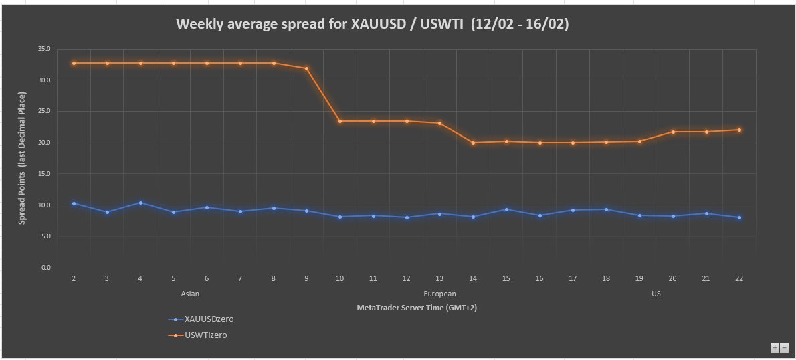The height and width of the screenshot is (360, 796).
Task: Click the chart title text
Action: [373, 24]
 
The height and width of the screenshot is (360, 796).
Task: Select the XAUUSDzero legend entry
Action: [209, 319]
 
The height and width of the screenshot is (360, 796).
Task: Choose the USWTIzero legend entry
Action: [205, 335]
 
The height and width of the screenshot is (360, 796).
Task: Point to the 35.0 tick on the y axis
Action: [44, 49]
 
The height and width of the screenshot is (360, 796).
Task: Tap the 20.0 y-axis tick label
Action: [44, 143]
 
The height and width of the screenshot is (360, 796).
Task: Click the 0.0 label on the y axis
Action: [46, 268]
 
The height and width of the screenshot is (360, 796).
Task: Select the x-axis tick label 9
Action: [306, 278]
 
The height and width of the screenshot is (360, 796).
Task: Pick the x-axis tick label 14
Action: [473, 278]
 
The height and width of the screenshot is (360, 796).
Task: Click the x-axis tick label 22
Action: [738, 278]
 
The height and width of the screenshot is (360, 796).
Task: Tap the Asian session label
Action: [190, 294]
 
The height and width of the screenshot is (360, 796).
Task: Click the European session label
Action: [439, 294]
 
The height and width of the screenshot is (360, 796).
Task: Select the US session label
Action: [656, 294]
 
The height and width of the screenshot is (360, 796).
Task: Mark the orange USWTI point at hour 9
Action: [306, 68]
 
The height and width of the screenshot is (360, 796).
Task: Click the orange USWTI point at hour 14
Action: [473, 143]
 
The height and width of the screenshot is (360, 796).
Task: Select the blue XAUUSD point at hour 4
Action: [140, 203]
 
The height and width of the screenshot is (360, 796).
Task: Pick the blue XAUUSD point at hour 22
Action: [738, 217]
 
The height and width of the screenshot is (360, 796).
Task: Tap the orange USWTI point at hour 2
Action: [74, 63]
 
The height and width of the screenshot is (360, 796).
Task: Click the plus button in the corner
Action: [775, 347]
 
